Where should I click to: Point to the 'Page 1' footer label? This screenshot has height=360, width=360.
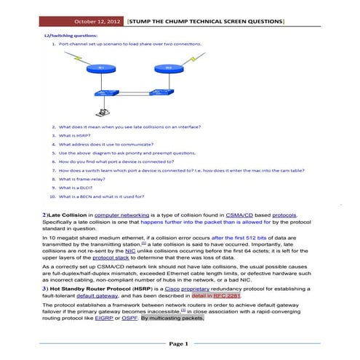179,343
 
